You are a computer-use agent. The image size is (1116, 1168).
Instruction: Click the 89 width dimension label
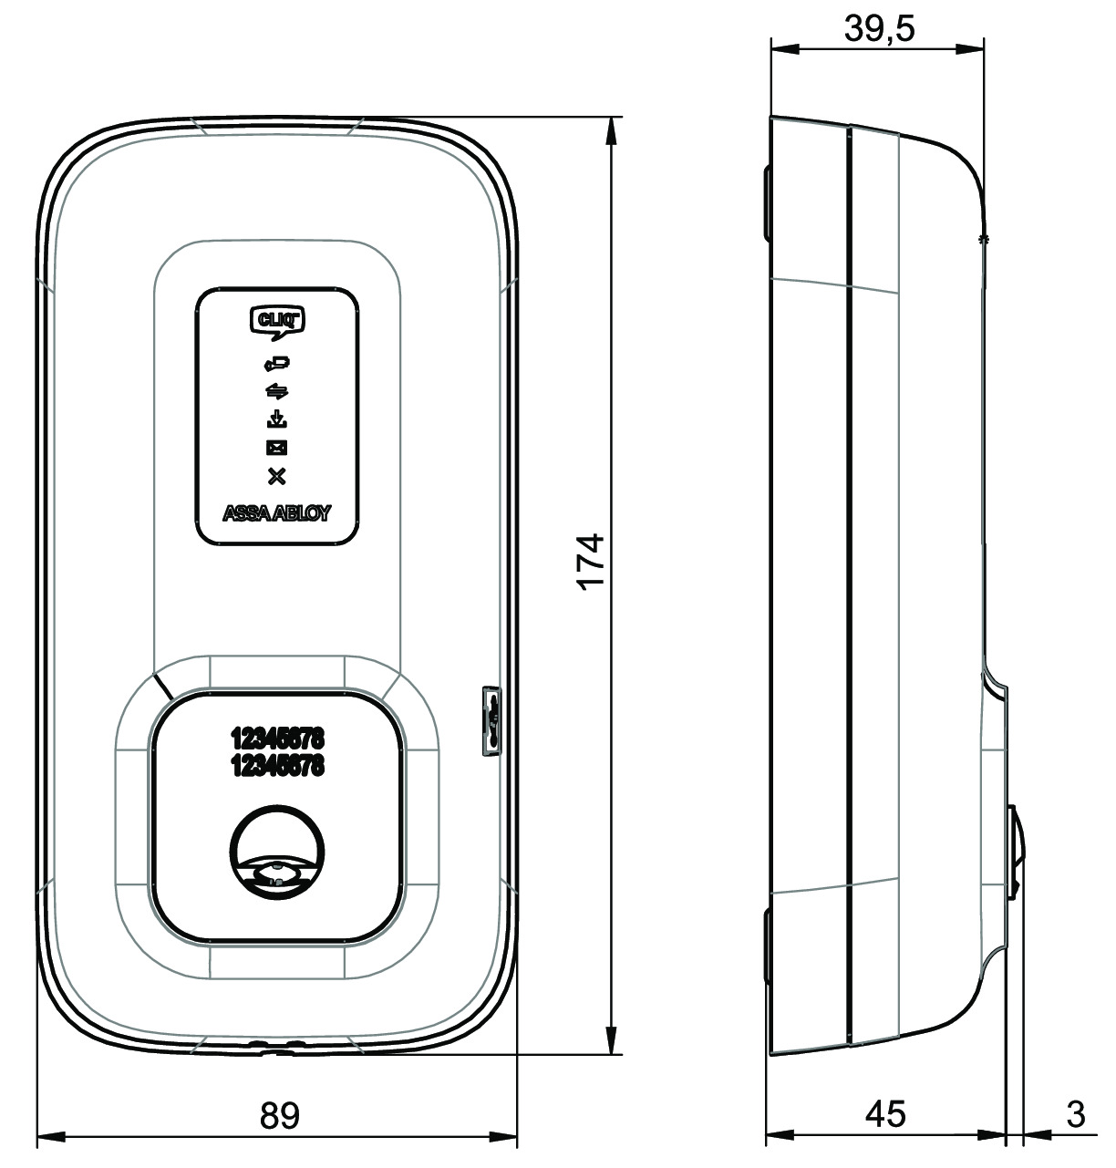coord(279,1115)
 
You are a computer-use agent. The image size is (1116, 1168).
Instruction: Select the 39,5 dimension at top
coord(879,29)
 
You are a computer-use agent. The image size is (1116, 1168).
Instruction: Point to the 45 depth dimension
coord(885,1114)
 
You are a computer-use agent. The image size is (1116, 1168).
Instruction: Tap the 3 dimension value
coord(1076,1114)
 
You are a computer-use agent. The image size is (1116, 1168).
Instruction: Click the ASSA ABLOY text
coord(277,513)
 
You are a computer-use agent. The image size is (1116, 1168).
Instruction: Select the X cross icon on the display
coord(277,475)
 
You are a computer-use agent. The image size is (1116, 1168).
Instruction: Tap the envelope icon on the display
coord(277,448)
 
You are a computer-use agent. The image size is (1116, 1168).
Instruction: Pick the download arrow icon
coord(277,420)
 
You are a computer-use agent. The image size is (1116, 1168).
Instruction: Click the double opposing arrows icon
coord(277,392)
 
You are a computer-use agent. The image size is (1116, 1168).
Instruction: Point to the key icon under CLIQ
coord(277,364)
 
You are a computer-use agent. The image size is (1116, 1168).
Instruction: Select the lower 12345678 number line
coord(278,766)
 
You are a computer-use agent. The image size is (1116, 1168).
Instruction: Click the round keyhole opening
coord(277,853)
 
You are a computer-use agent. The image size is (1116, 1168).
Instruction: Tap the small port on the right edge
coord(491,719)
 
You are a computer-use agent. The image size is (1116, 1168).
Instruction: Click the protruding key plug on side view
coord(1018,852)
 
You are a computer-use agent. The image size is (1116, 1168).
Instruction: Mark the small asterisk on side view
coord(982,239)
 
